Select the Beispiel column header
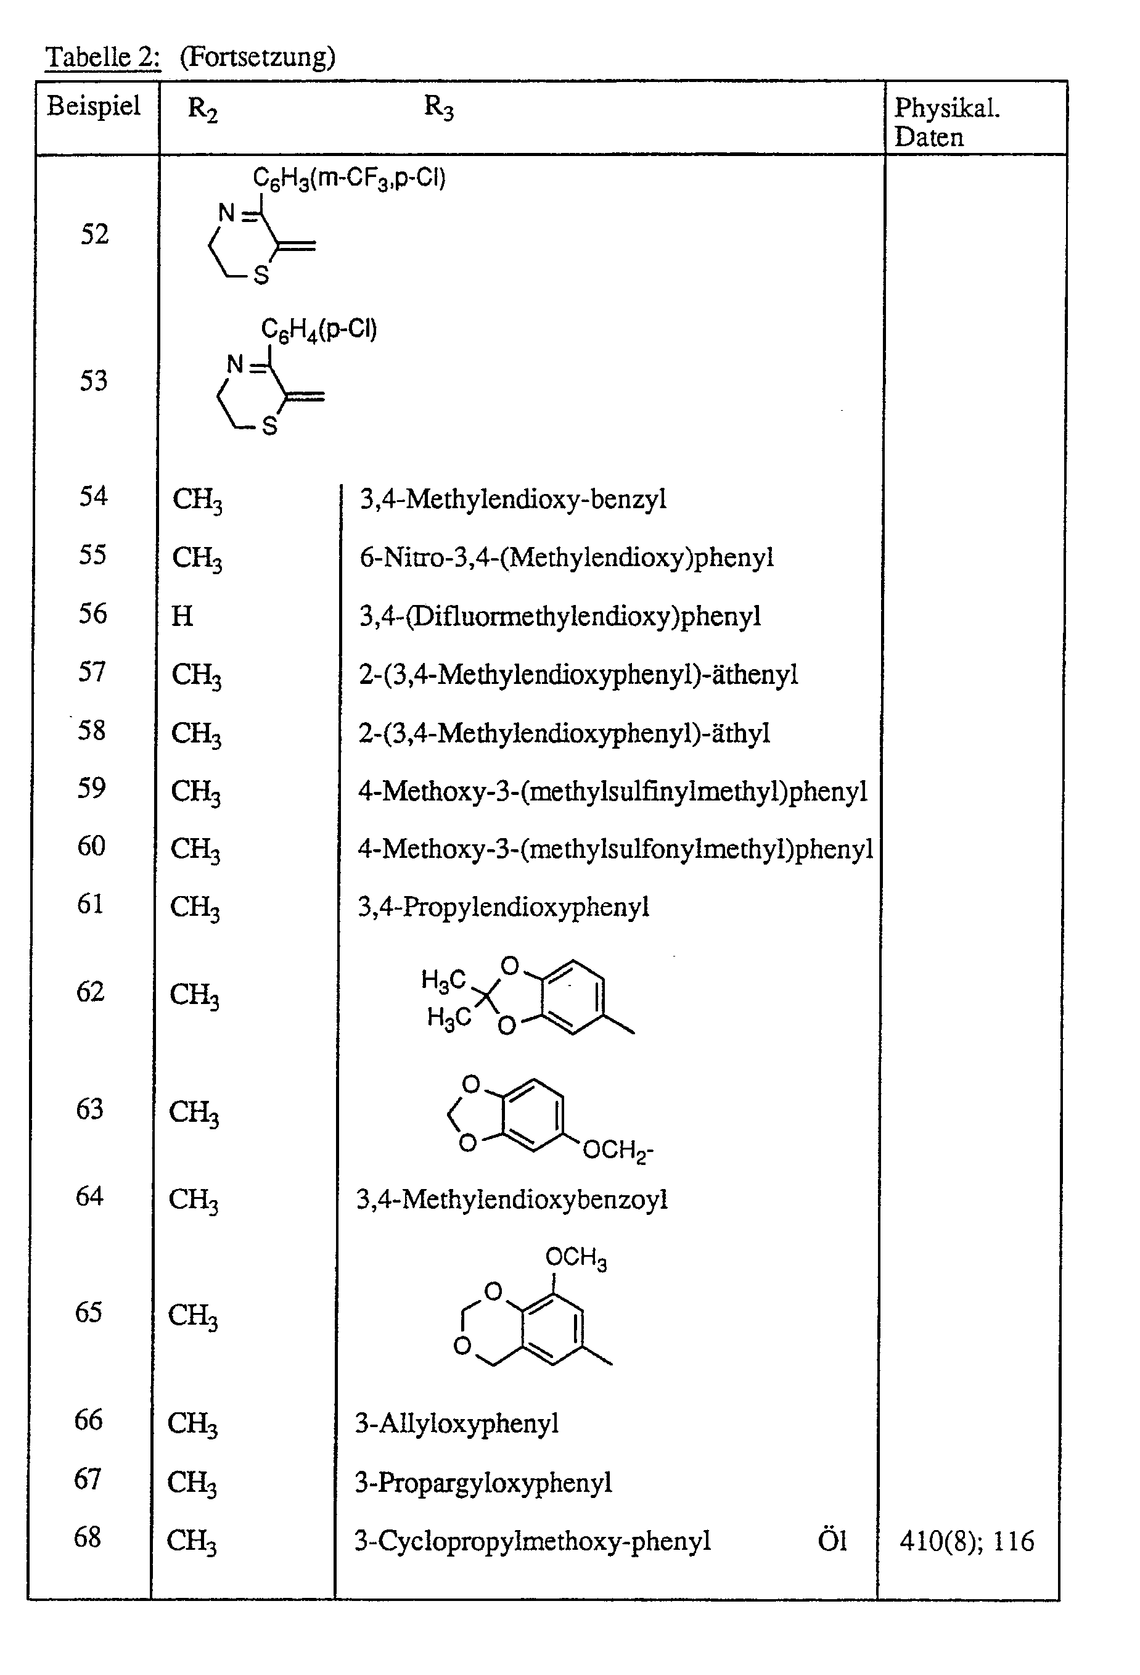[x=94, y=106]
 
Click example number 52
[x=94, y=234]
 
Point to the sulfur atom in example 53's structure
[x=269, y=427]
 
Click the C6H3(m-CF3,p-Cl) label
[x=349, y=178]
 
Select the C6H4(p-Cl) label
[x=319, y=329]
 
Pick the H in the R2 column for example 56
[x=182, y=616]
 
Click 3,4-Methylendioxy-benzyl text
[x=512, y=499]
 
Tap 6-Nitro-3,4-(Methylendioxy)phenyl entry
[x=567, y=557]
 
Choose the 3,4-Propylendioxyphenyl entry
[x=503, y=906]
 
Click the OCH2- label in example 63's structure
[x=617, y=1149]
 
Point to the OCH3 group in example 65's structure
[x=575, y=1257]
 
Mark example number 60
[x=91, y=846]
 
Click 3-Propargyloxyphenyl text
[x=483, y=1483]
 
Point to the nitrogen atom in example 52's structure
[x=227, y=213]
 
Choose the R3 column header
[x=438, y=107]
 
